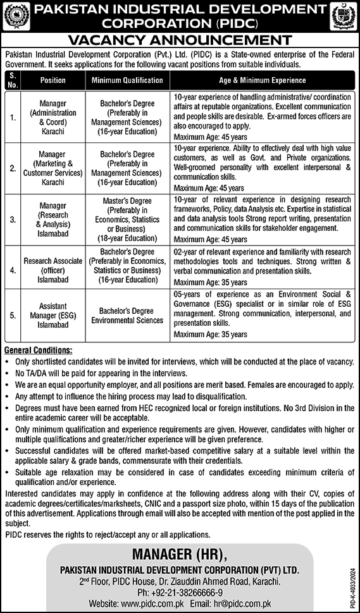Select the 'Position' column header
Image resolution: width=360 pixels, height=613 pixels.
pyautogui.click(x=53, y=81)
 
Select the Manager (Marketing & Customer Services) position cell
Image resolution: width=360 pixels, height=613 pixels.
pyautogui.click(x=53, y=168)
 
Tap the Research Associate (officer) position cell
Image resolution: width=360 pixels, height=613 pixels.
pyautogui.click(x=53, y=267)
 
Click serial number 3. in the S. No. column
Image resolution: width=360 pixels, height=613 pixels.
pyautogui.click(x=12, y=218)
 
